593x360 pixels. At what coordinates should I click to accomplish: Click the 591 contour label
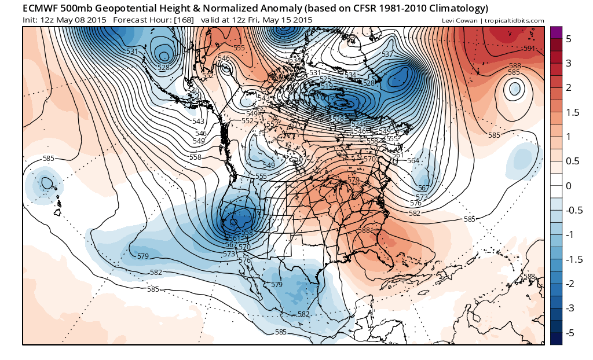[x=529, y=48]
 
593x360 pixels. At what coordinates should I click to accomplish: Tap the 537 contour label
[x=387, y=54]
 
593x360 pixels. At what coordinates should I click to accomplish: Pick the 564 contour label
[x=413, y=161]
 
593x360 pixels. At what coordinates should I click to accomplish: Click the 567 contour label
[x=423, y=188]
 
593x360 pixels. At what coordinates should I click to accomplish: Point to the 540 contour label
[x=193, y=91]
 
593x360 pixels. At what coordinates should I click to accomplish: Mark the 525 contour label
[x=325, y=79]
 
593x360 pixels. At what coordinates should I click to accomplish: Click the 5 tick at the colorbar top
[x=569, y=39]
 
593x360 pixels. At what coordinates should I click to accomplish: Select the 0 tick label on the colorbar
[x=569, y=185]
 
